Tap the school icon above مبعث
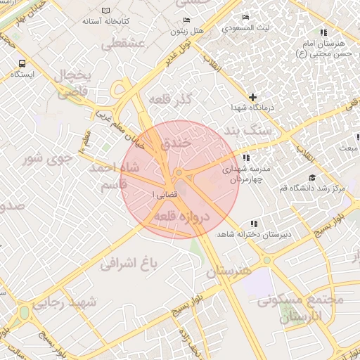[x=350, y=139]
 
